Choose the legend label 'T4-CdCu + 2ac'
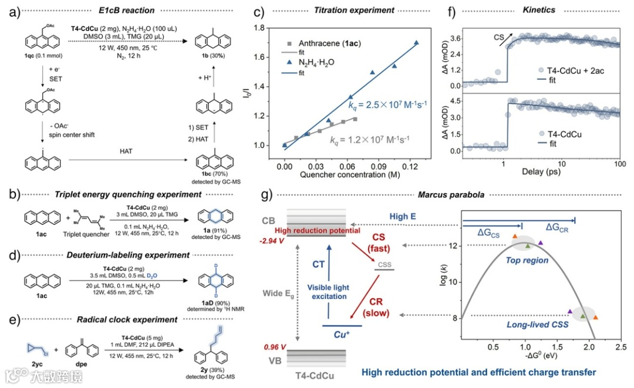[x=575, y=69]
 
